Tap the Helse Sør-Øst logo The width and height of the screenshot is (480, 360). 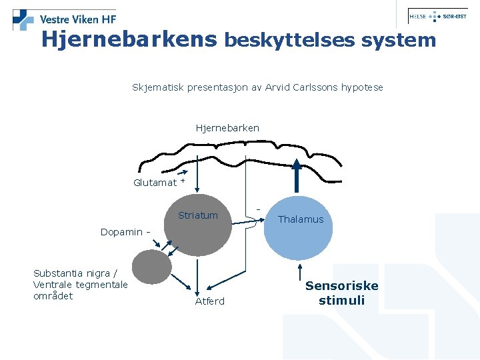click(x=437, y=17)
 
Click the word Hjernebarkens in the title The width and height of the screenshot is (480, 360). click(x=129, y=40)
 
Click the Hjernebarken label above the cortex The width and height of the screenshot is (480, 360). click(x=227, y=127)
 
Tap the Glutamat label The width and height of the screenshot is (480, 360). click(x=155, y=183)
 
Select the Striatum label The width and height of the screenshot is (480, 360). click(x=197, y=215)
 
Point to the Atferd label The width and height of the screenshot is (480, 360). click(x=209, y=301)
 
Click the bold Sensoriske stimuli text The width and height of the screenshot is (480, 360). click(x=341, y=293)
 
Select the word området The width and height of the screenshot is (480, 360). click(x=53, y=296)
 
